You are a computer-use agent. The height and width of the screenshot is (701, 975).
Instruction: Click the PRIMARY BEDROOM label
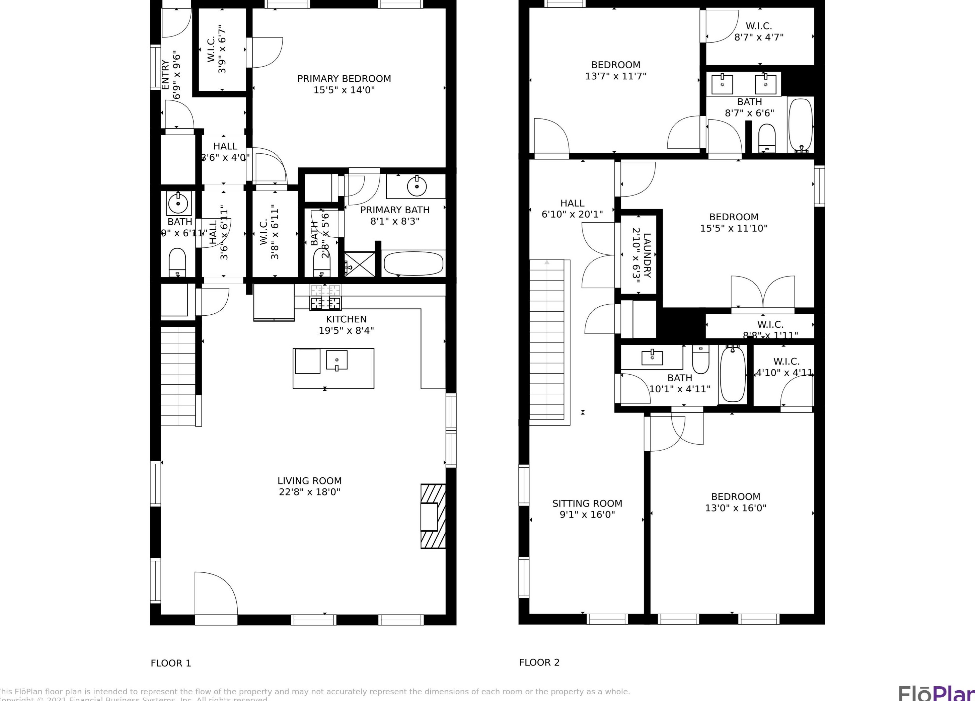344,79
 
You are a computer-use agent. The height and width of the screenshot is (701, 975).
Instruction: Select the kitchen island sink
336,360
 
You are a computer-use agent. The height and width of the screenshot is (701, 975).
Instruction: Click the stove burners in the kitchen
325,297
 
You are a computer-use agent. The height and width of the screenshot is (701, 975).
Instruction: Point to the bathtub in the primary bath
413,263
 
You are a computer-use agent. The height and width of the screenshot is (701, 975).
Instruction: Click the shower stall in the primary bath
359,264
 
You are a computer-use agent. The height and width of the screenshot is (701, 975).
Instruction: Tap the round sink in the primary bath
417,186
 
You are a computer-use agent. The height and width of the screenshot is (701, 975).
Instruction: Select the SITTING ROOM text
587,503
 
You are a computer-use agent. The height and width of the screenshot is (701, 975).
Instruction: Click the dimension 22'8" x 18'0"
309,492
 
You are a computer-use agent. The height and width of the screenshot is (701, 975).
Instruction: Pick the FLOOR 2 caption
539,662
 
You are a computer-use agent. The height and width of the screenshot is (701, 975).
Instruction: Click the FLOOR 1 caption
171,663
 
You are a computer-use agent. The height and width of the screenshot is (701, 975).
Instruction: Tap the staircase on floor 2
546,339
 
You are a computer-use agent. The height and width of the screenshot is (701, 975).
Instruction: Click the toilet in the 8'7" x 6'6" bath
766,138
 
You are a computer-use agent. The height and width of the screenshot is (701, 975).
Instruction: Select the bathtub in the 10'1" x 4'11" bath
733,374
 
